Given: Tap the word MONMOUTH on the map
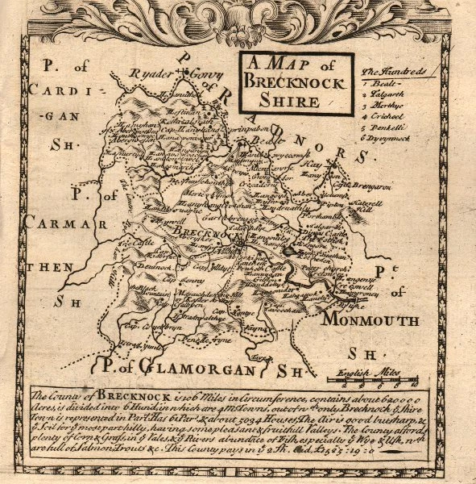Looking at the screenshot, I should pos(370,320).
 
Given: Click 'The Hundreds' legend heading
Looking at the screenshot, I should pos(395,73).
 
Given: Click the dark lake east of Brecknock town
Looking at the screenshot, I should pos(289,251).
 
